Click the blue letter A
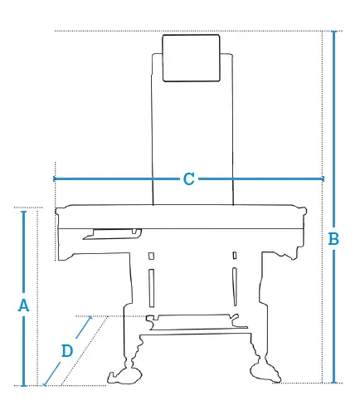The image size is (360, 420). tap(23, 305)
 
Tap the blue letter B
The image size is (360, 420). tap(333, 239)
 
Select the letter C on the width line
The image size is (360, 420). tap(189, 179)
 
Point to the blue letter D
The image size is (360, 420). tap(67, 351)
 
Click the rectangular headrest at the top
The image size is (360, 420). tap(191, 58)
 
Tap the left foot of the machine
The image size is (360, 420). tap(125, 374)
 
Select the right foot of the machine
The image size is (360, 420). tap(265, 372)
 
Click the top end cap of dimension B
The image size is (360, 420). tap(334, 31)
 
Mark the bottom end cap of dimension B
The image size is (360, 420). tap(334, 383)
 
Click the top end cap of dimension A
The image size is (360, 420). tap(24, 212)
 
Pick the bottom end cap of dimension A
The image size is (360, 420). tap(24, 385)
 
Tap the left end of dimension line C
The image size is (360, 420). tap(54, 179)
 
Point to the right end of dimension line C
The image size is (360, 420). tap(323, 179)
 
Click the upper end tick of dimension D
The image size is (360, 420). tap(90, 318)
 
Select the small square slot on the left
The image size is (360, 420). tap(151, 256)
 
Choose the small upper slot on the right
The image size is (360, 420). tap(235, 256)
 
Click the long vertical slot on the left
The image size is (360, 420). tap(152, 288)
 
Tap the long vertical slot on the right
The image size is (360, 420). tap(235, 286)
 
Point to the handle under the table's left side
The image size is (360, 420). tap(112, 234)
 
